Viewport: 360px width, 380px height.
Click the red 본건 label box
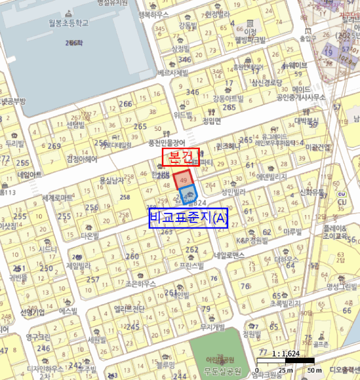pyautogui.click(x=181, y=157)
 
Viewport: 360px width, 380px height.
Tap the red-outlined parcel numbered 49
pyautogui.click(x=183, y=180)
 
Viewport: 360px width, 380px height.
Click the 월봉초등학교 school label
pyautogui.click(x=68, y=24)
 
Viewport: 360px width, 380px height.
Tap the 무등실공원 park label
pyautogui.click(x=219, y=371)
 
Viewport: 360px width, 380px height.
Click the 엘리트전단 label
pyautogui.click(x=130, y=309)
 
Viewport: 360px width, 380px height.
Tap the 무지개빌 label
pyautogui.click(x=212, y=327)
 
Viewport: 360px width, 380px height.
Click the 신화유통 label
pyautogui.click(x=312, y=192)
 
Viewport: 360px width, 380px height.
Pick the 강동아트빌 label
pyautogui.click(x=228, y=98)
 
